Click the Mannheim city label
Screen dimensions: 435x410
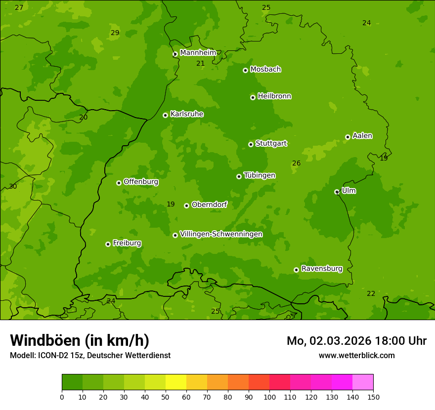(198, 53)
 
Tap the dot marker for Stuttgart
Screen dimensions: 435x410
(251, 144)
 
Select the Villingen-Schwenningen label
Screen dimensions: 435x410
(221, 234)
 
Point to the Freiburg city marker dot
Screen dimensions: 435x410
(108, 244)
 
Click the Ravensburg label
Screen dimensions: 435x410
(321, 269)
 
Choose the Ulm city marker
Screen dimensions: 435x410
(337, 192)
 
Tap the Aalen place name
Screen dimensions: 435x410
(362, 136)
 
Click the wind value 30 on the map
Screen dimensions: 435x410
(13, 186)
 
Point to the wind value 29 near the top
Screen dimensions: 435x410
(115, 33)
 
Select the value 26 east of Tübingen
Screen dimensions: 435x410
(296, 163)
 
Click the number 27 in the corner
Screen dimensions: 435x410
(19, 7)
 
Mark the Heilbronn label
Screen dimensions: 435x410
(274, 96)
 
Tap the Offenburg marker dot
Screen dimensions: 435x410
(119, 183)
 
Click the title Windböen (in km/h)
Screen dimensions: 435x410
(79, 340)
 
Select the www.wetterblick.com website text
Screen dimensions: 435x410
(356, 355)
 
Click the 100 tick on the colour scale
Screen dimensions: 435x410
(269, 396)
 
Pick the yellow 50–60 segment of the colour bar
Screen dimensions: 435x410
(176, 382)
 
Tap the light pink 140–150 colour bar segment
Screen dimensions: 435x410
(363, 382)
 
